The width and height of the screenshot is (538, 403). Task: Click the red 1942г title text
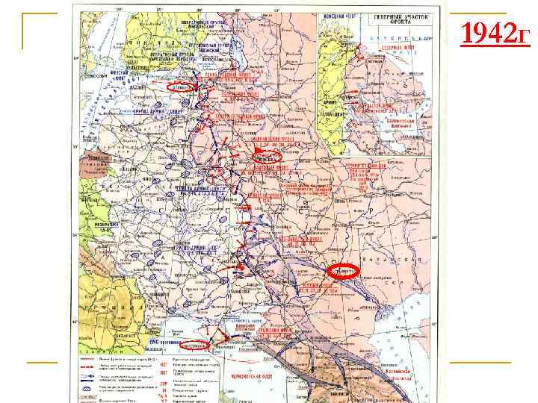(495, 34)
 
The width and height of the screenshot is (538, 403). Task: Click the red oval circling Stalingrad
(344, 270)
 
